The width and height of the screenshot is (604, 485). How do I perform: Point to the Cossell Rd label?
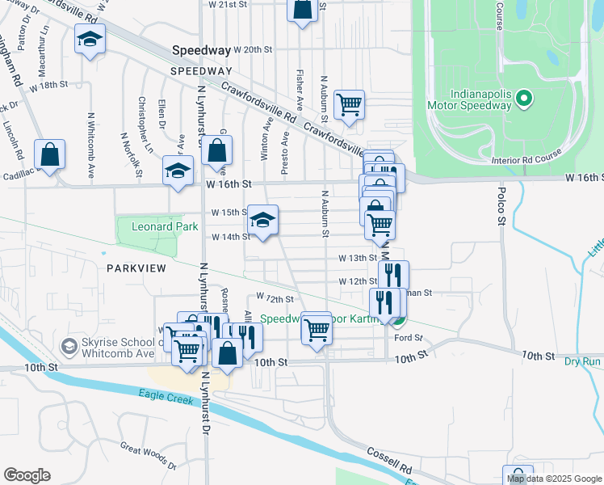click(x=390, y=463)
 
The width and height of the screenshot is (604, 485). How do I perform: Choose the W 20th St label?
click(x=253, y=49)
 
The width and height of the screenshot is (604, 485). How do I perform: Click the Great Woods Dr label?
click(x=148, y=455)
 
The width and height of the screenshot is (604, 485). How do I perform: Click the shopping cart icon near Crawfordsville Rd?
click(x=349, y=103)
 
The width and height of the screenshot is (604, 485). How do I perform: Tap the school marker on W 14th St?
click(x=262, y=219)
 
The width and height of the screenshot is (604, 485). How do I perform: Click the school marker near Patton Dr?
click(x=90, y=38)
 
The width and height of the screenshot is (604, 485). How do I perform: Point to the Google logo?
click(x=27, y=475)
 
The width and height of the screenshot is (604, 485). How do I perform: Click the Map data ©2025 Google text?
click(x=555, y=479)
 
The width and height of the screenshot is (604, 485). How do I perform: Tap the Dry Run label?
click(x=582, y=361)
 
